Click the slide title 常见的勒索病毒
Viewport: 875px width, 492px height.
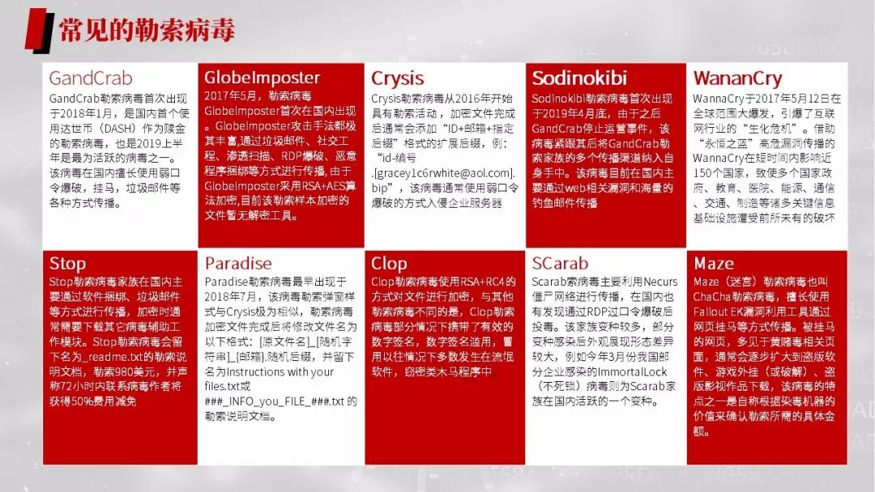146,29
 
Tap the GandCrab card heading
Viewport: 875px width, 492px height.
91,78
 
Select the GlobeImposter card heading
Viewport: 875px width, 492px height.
262,78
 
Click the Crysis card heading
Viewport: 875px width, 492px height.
397,78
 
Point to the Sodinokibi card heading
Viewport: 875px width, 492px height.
579,78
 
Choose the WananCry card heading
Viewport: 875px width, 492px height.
737,78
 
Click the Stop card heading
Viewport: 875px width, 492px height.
67,264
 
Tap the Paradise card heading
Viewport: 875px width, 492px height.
238,264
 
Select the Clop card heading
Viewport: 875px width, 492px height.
389,264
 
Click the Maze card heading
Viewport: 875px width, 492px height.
714,264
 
